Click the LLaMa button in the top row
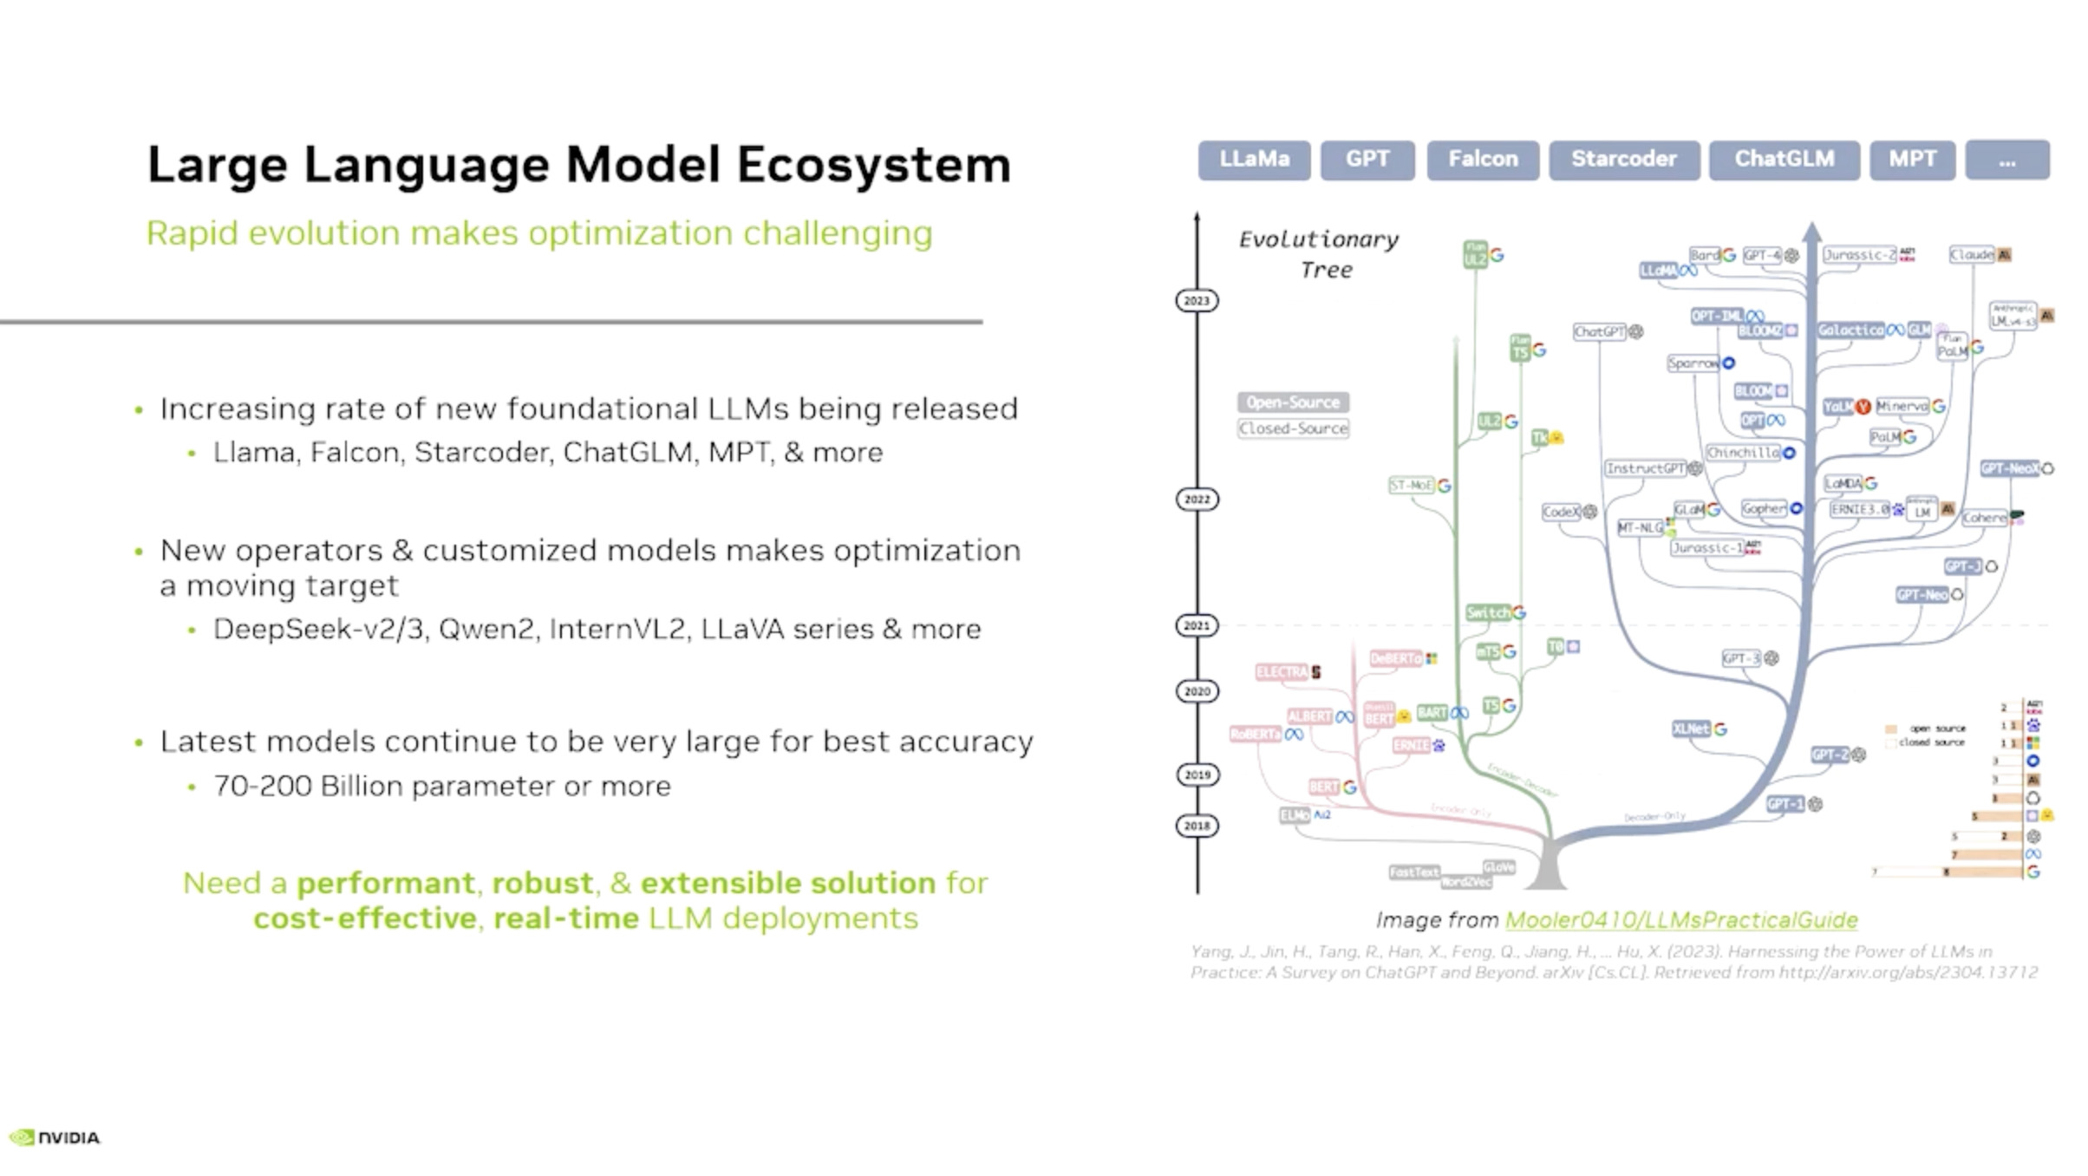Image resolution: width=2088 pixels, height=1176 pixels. tap(1254, 160)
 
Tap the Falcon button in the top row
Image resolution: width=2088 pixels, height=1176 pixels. tap(1483, 160)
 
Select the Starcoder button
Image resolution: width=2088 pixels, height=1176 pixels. tap(1624, 160)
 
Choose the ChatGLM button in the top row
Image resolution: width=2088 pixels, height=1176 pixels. tap(1784, 160)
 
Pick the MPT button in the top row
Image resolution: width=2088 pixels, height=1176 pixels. tap(1912, 160)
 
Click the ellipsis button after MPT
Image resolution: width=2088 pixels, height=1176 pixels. tap(2006, 160)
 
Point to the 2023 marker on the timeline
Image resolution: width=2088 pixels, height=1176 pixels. tap(1197, 301)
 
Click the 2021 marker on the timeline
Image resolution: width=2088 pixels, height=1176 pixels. tap(1197, 625)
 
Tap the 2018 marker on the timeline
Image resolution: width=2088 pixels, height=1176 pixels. tap(1197, 826)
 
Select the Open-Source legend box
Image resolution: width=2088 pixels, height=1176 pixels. tap(1293, 402)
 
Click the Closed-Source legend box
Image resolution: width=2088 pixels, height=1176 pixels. tap(1293, 428)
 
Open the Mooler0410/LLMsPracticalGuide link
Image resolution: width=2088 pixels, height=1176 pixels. tap(1681, 919)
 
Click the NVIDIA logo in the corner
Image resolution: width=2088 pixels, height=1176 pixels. tap(55, 1137)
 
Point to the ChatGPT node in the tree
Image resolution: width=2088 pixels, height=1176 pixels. tap(1600, 332)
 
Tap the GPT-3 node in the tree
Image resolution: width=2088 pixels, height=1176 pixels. tap(1741, 659)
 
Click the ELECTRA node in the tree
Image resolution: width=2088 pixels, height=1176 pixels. tap(1282, 672)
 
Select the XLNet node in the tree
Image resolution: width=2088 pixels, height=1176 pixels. tap(1691, 729)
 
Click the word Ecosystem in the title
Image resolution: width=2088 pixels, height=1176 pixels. tap(874, 165)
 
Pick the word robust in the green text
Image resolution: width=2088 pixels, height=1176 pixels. tap(542, 883)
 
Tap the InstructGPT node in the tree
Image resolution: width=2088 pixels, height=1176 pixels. tap(1645, 468)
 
